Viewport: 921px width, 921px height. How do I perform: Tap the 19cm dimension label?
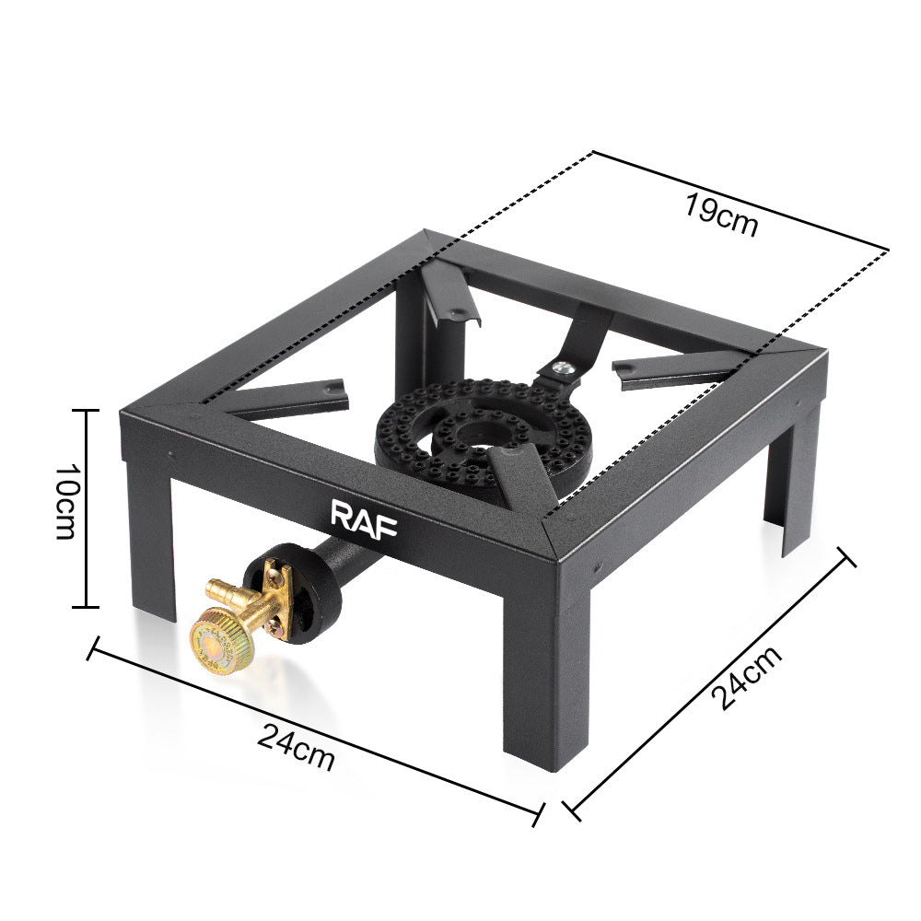coord(721,215)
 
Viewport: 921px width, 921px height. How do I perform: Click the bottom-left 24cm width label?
coord(296,747)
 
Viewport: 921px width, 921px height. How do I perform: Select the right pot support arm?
coord(672,368)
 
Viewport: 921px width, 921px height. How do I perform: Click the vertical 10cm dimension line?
coord(87,508)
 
